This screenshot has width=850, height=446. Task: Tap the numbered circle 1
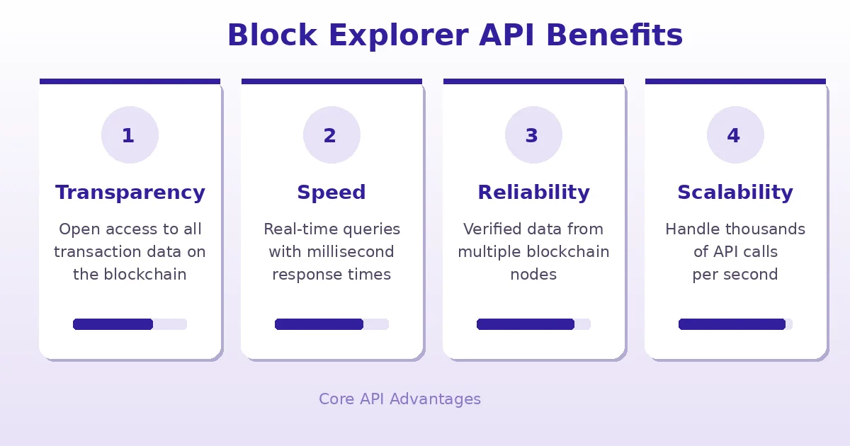[130, 135]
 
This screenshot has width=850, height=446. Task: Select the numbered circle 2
[331, 135]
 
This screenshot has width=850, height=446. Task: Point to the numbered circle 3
[533, 135]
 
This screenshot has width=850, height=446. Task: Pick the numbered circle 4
[735, 135]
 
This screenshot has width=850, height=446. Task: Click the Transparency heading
[130, 193]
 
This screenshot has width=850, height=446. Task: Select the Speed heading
[331, 193]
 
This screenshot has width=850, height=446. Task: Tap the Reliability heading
[533, 193]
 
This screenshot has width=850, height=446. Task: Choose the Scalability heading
[735, 193]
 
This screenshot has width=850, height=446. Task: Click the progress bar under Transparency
[130, 324]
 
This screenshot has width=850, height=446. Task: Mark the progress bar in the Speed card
[331, 324]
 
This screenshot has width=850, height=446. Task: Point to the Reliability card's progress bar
[533, 324]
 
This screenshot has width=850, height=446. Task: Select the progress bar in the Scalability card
[735, 324]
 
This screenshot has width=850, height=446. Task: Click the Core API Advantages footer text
[399, 399]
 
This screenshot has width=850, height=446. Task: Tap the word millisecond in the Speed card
[350, 252]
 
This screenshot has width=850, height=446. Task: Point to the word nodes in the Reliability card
[533, 275]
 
